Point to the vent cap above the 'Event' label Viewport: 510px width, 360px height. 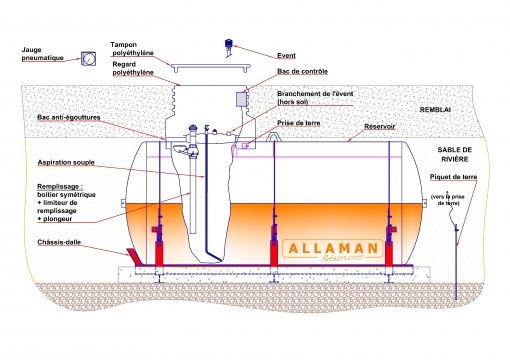229,45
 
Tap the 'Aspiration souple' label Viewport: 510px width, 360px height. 70,160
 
